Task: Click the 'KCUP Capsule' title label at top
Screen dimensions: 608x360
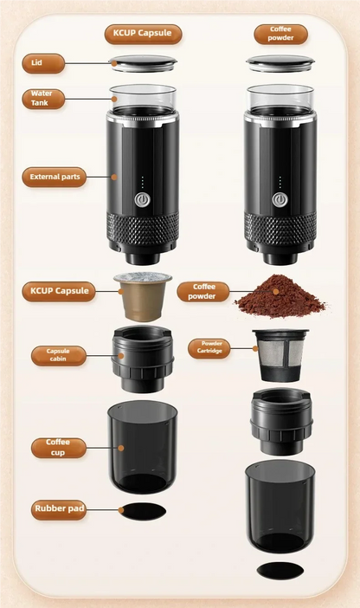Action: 143,35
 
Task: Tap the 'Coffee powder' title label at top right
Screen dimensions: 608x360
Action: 280,34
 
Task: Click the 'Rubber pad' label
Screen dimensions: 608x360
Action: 60,509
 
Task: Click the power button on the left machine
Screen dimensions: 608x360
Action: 141,199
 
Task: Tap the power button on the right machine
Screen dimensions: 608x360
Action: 278,199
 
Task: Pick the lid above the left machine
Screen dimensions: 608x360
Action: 143,61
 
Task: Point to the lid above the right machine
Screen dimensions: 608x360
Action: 279,62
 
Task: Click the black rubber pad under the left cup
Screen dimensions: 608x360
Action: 141,512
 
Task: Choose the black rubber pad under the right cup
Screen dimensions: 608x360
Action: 279,572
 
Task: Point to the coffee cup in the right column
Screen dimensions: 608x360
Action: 279,506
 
